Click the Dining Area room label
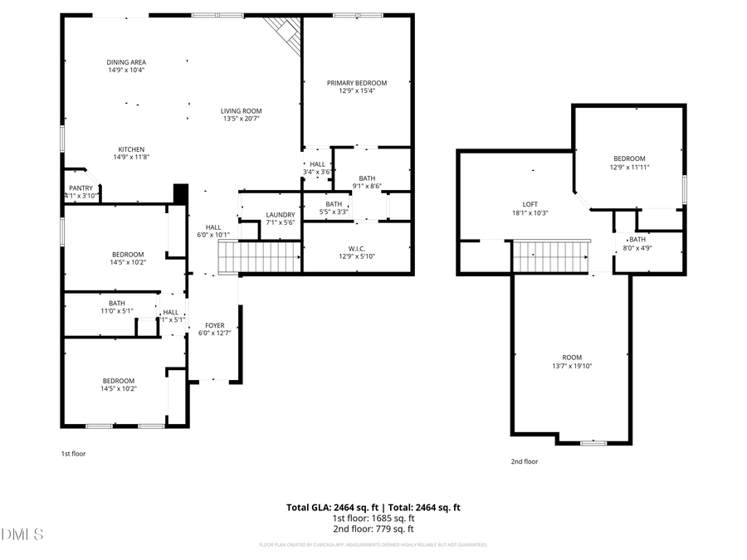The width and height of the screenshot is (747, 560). [126, 62]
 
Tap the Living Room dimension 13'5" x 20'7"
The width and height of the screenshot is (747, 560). [242, 119]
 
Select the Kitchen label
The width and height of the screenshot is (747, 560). [131, 149]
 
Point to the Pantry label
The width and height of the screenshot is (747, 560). [81, 188]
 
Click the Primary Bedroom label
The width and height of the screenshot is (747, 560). [356, 83]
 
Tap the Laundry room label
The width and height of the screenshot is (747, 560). [281, 215]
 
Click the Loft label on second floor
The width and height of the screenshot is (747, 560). [530, 205]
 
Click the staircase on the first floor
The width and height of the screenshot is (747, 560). [259, 256]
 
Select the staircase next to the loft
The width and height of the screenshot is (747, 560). [550, 256]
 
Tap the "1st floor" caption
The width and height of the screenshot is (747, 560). [73, 454]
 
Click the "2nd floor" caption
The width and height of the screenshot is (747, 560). [524, 461]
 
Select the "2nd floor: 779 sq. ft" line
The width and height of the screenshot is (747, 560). [373, 528]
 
